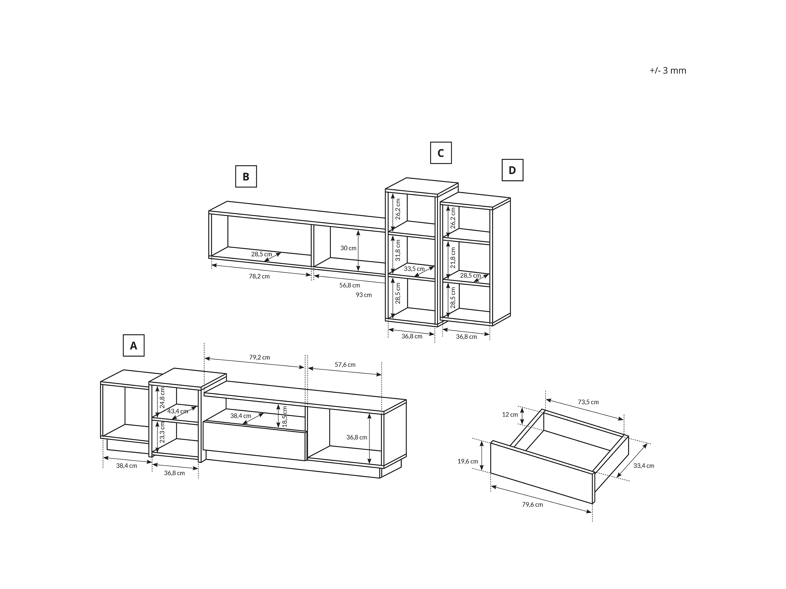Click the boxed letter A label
134,346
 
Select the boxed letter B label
246,177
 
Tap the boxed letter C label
441,153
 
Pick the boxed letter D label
512,170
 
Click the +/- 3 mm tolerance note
668,70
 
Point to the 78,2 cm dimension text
259,276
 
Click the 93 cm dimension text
364,295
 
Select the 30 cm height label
348,248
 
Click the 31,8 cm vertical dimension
398,250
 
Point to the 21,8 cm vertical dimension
453,258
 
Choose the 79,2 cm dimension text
259,357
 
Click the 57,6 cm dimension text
345,365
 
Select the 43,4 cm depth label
178,411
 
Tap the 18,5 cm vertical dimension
285,416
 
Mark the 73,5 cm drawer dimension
588,402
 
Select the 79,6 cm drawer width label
532,504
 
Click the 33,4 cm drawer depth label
644,465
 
